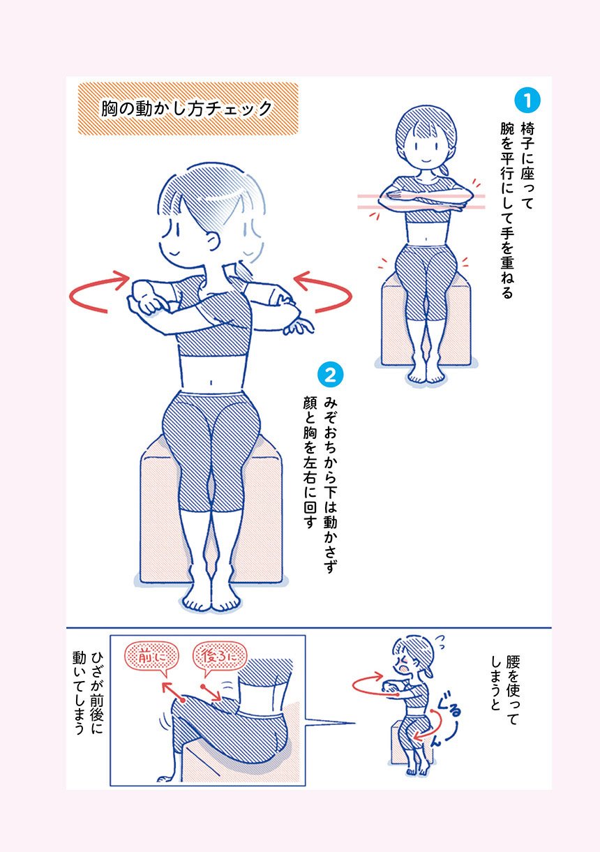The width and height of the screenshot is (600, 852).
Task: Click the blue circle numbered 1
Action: [x=527, y=100]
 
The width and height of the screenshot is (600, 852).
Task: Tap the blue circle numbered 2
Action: [x=331, y=375]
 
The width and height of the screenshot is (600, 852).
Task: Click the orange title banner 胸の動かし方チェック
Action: [x=188, y=109]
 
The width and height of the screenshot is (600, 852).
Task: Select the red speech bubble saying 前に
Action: [x=151, y=657]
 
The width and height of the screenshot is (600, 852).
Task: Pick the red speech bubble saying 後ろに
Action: [x=220, y=657]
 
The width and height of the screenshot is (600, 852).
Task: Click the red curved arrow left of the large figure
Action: [x=99, y=292]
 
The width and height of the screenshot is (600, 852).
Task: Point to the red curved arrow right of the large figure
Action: [x=323, y=292]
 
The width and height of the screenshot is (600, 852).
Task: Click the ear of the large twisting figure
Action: [x=214, y=242]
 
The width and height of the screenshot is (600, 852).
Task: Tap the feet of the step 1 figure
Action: [x=426, y=375]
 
